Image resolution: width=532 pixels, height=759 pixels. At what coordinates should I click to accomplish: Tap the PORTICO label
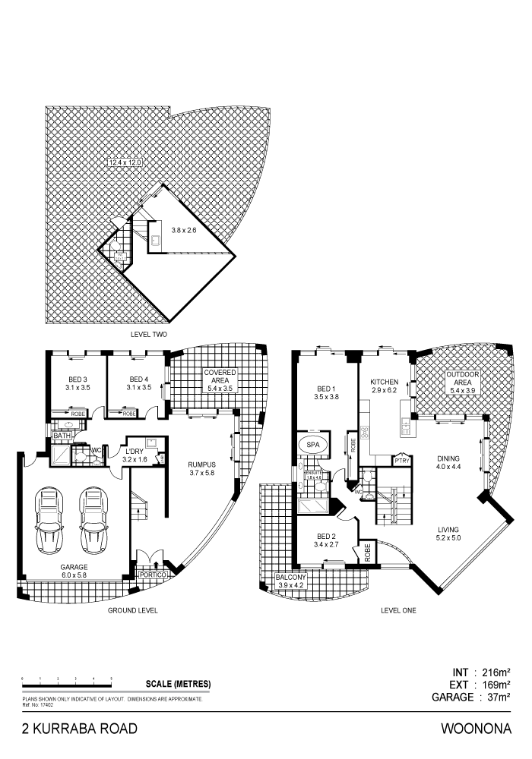pos(153,575)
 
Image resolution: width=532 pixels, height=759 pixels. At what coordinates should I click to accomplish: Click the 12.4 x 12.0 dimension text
pos(125,162)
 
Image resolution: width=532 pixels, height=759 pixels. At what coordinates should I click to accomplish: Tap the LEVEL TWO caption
pos(149,334)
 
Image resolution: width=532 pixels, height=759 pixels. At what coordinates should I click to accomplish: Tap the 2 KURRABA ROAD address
pos(80,729)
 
